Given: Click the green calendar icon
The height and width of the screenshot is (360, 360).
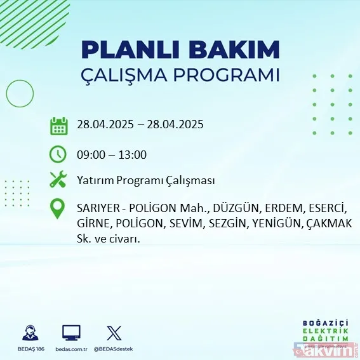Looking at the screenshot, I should [x=58, y=126].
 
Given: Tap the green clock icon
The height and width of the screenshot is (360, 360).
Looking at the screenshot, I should [x=58, y=154].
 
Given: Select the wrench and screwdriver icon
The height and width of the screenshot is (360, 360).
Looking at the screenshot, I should [x=58, y=180].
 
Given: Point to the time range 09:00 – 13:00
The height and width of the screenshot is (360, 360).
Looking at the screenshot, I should [x=111, y=154].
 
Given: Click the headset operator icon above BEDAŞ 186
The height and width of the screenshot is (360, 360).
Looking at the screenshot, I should [x=29, y=333].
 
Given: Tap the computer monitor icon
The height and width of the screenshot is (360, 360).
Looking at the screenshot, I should [x=71, y=333].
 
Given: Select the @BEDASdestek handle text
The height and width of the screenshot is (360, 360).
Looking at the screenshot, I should [x=114, y=349].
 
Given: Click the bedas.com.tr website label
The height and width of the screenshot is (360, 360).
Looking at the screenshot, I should [x=71, y=349].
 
